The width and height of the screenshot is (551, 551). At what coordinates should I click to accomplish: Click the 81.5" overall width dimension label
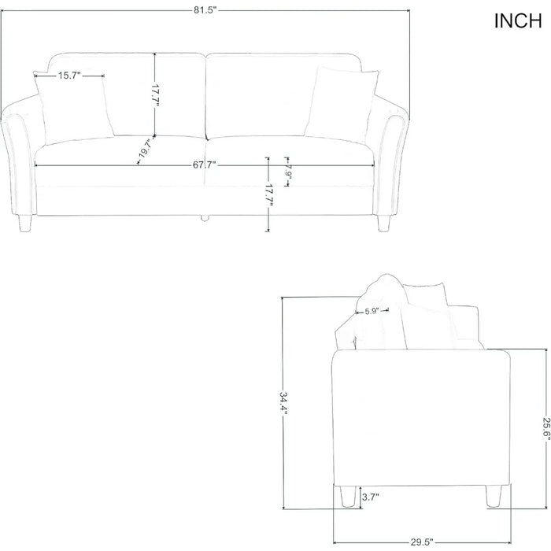(204, 10)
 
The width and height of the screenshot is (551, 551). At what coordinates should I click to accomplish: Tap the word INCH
(518, 21)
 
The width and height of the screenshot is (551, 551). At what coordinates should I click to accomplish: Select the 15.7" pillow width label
(69, 76)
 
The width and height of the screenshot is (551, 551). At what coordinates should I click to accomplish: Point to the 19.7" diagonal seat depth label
(144, 149)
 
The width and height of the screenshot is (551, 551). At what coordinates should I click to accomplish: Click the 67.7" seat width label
(204, 165)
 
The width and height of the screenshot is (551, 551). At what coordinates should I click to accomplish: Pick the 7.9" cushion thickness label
(288, 171)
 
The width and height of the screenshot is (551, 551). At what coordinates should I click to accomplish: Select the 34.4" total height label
(283, 403)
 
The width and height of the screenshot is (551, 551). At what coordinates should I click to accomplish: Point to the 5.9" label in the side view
(371, 311)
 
